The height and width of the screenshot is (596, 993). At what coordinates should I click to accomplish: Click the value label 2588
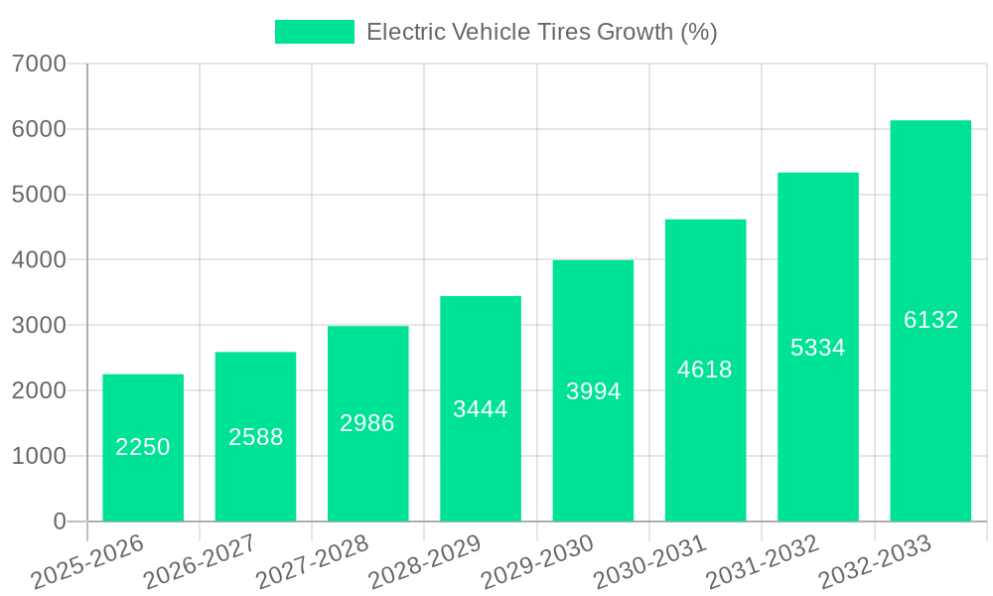[x=256, y=437]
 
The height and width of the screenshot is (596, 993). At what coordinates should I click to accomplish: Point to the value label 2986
[x=367, y=423]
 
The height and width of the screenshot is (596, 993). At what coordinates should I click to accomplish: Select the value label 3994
[x=593, y=391]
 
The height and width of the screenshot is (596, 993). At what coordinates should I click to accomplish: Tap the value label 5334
[x=818, y=348]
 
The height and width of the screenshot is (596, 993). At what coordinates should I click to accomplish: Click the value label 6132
[x=930, y=320]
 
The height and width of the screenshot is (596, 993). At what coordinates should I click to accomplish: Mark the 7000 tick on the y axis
[x=40, y=64]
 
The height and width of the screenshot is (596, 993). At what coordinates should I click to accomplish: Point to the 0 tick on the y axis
[x=60, y=521]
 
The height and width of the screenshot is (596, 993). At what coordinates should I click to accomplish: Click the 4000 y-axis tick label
[x=40, y=259]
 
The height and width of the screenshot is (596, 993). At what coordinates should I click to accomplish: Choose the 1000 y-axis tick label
[x=40, y=456]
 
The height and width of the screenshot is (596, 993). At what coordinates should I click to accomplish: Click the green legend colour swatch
[x=314, y=32]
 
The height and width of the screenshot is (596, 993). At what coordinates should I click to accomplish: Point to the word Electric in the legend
[x=403, y=32]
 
